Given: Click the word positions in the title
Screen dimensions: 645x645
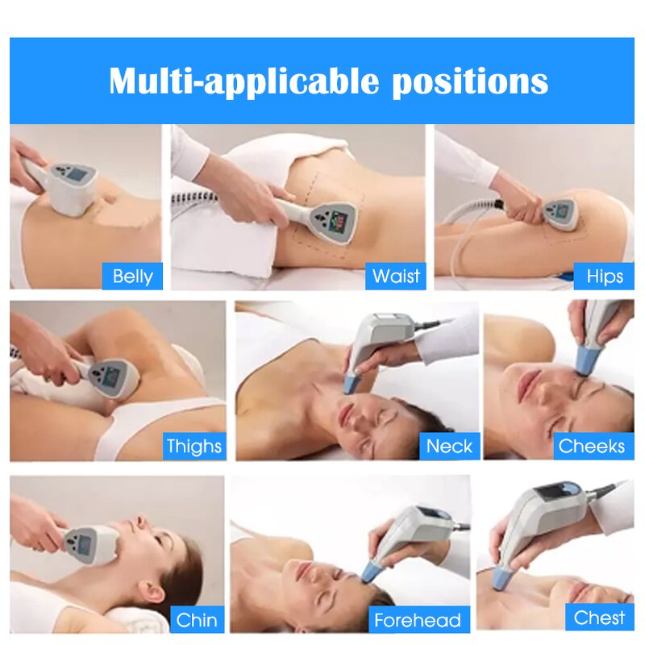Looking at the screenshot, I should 470,81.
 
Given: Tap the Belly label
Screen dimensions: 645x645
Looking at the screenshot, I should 133,277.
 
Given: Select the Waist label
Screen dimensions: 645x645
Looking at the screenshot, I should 396,277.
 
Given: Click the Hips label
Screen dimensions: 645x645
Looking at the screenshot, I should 605,277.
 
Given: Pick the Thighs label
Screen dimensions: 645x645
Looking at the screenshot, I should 193,446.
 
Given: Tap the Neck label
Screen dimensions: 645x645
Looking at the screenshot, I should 449,446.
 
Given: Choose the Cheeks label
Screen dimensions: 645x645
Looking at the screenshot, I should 592,446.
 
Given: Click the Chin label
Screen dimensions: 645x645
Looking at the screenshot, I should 197,619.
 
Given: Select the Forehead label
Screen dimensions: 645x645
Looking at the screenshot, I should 417,620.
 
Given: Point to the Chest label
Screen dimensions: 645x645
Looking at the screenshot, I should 599,618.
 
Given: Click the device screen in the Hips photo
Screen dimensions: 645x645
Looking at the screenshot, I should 562,212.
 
